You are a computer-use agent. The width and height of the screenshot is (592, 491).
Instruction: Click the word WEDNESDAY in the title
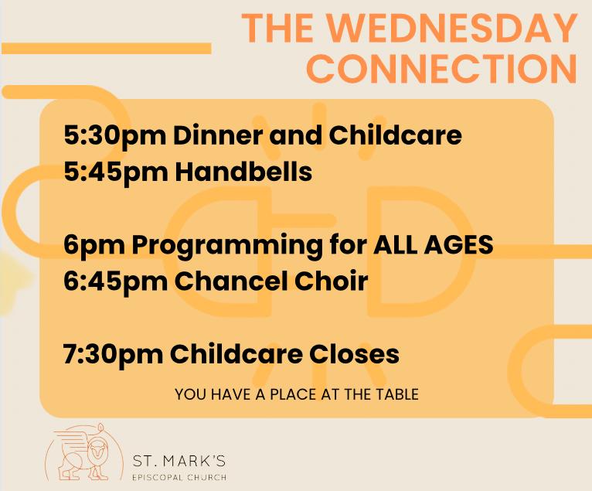point(449,29)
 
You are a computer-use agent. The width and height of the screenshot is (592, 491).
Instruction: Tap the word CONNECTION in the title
point(442,68)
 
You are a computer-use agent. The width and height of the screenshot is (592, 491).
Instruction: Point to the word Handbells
point(243,172)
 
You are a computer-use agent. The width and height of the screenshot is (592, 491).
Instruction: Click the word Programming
point(226,246)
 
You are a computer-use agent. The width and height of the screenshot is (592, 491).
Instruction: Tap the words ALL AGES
point(433,245)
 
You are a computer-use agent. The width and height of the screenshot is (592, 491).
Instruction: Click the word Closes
point(354,354)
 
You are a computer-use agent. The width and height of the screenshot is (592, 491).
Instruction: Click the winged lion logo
point(83,452)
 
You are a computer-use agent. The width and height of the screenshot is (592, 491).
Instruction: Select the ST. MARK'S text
point(179,461)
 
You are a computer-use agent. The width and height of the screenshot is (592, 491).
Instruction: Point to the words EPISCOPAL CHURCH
point(179,477)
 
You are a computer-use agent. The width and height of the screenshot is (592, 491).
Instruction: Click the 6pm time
point(94,246)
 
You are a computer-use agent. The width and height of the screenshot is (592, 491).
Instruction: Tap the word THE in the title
point(277,29)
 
